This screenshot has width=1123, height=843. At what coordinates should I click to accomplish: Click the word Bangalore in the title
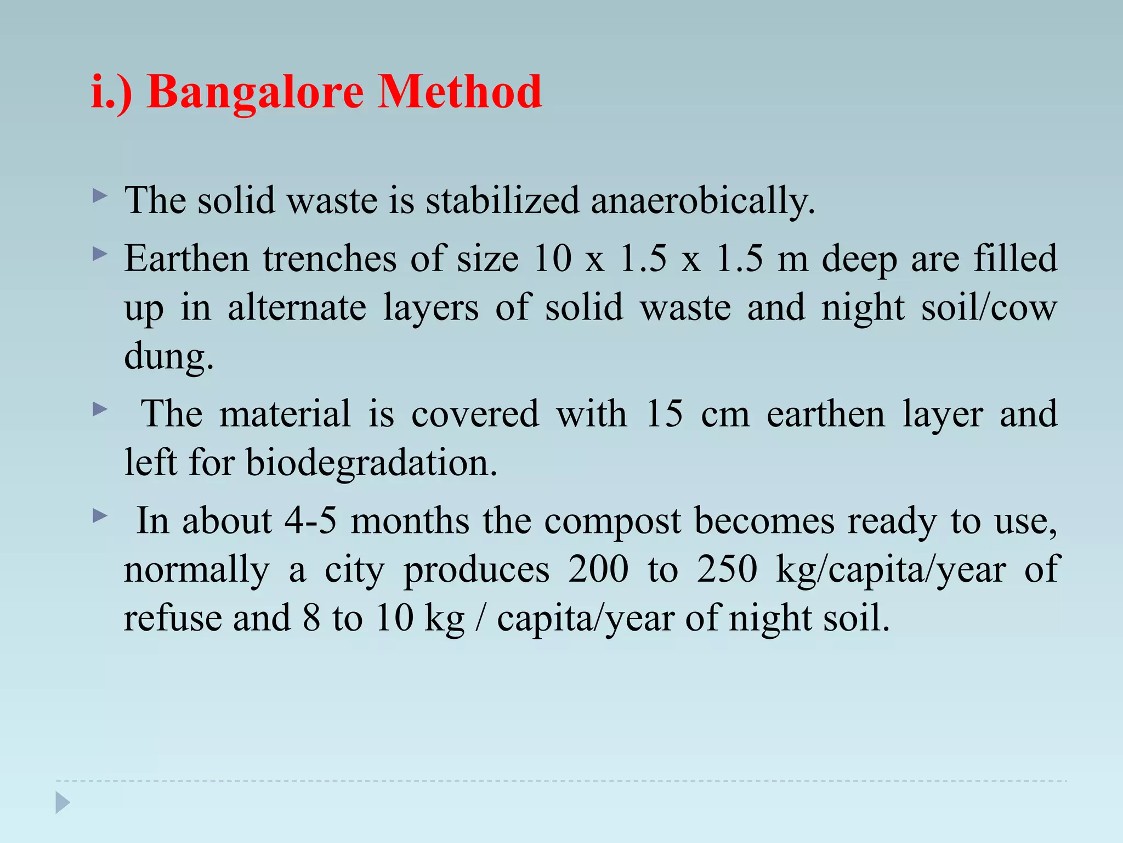click(255, 92)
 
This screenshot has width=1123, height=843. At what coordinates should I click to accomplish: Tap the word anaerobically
click(703, 200)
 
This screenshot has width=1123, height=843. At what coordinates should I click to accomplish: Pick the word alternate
click(297, 307)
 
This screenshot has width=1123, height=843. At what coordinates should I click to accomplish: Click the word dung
click(168, 357)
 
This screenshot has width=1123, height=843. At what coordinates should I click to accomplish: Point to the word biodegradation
click(371, 462)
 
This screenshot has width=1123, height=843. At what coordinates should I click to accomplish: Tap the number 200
click(598, 569)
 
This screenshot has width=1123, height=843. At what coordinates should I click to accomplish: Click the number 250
click(727, 569)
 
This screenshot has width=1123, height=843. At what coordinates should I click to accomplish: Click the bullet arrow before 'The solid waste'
click(99, 196)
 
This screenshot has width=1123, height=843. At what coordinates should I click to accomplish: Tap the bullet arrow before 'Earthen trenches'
click(99, 254)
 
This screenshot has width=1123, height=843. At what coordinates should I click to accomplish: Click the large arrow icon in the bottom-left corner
click(63, 802)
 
